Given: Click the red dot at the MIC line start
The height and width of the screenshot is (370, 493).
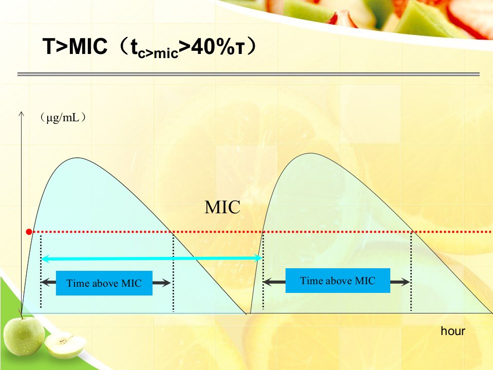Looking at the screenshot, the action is (x=29, y=232).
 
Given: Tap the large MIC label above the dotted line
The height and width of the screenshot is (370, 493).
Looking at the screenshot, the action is (x=222, y=208).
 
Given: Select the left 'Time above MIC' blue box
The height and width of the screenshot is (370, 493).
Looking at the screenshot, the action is (x=104, y=283).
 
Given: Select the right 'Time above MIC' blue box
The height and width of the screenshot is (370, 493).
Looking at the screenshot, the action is (x=338, y=281).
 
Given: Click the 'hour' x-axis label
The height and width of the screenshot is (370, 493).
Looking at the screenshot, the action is (x=453, y=331).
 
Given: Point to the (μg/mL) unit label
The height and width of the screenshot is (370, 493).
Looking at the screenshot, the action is (x=63, y=118).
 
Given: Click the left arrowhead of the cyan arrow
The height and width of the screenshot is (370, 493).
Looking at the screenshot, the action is (x=45, y=259).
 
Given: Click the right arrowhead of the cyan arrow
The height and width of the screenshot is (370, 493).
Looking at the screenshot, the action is (x=258, y=258).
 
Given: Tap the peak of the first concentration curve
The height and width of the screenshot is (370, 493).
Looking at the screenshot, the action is (x=78, y=158).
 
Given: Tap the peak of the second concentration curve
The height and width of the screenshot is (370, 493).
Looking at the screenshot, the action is (x=311, y=154).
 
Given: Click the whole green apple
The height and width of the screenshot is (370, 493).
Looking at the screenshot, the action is (x=24, y=336).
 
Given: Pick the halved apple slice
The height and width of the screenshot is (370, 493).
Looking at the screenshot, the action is (x=65, y=345).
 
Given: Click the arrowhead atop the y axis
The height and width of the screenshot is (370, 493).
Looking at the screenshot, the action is (x=22, y=114).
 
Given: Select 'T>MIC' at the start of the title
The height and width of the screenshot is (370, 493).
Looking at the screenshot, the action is (x=75, y=47).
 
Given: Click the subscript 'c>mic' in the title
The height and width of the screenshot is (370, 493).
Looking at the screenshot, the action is (x=158, y=53).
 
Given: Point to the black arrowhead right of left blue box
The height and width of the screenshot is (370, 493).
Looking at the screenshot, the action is (x=166, y=283).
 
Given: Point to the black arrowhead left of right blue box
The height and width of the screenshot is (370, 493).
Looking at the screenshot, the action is (x=268, y=282).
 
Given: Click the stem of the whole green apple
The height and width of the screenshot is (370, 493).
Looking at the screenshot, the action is (x=21, y=313).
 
